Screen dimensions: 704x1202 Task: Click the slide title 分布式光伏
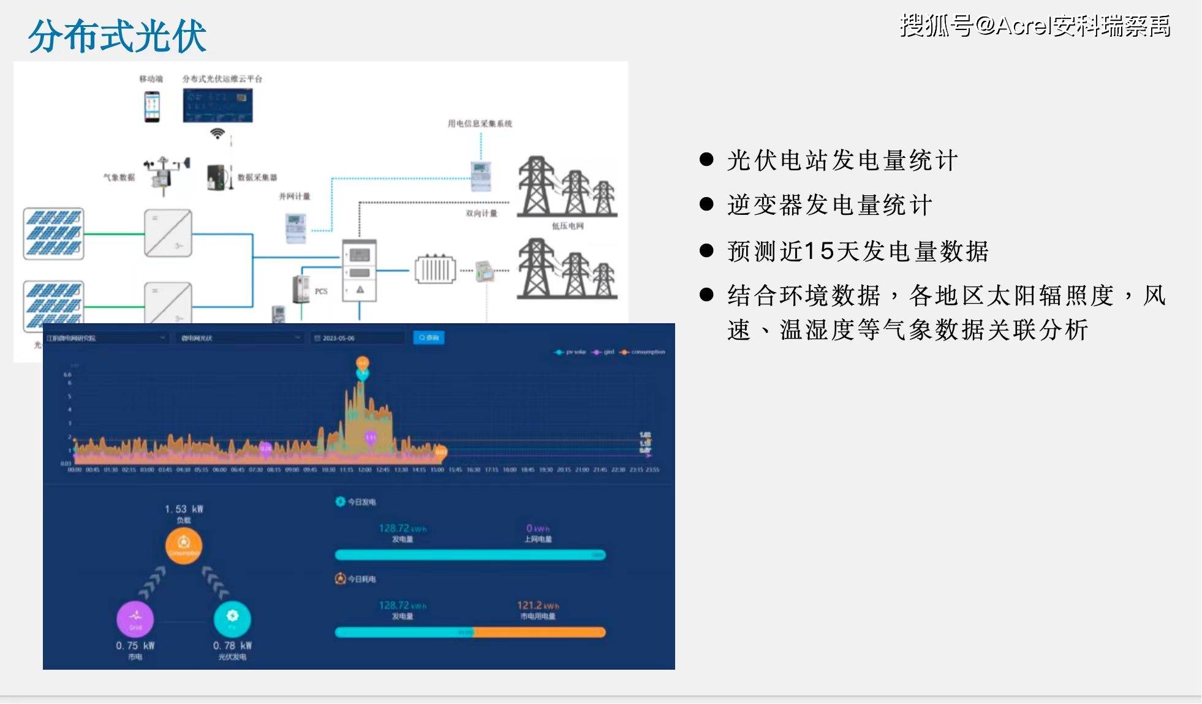(117, 36)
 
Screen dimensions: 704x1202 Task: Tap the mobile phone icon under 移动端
(152, 107)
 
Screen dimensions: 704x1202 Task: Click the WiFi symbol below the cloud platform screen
(217, 133)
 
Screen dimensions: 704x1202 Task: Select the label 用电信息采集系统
(480, 124)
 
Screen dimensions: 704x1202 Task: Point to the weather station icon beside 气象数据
(164, 175)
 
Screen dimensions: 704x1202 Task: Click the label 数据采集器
(257, 178)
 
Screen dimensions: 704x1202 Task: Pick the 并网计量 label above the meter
(295, 197)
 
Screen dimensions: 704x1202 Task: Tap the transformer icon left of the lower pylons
(436, 269)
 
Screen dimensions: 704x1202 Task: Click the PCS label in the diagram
(321, 291)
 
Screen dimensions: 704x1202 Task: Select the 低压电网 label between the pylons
(568, 226)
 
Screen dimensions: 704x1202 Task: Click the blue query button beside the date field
(429, 338)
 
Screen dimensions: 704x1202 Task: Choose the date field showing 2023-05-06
(358, 338)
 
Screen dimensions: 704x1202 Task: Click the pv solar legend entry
(571, 352)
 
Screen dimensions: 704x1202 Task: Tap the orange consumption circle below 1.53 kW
(183, 545)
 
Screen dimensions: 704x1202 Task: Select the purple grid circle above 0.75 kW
(135, 618)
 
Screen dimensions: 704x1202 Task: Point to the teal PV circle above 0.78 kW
(232, 618)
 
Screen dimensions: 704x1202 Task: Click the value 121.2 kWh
(538, 605)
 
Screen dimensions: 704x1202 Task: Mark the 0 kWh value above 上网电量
(538, 528)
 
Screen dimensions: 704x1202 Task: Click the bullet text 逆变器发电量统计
(830, 205)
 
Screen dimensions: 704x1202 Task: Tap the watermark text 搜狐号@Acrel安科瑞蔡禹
(1035, 26)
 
